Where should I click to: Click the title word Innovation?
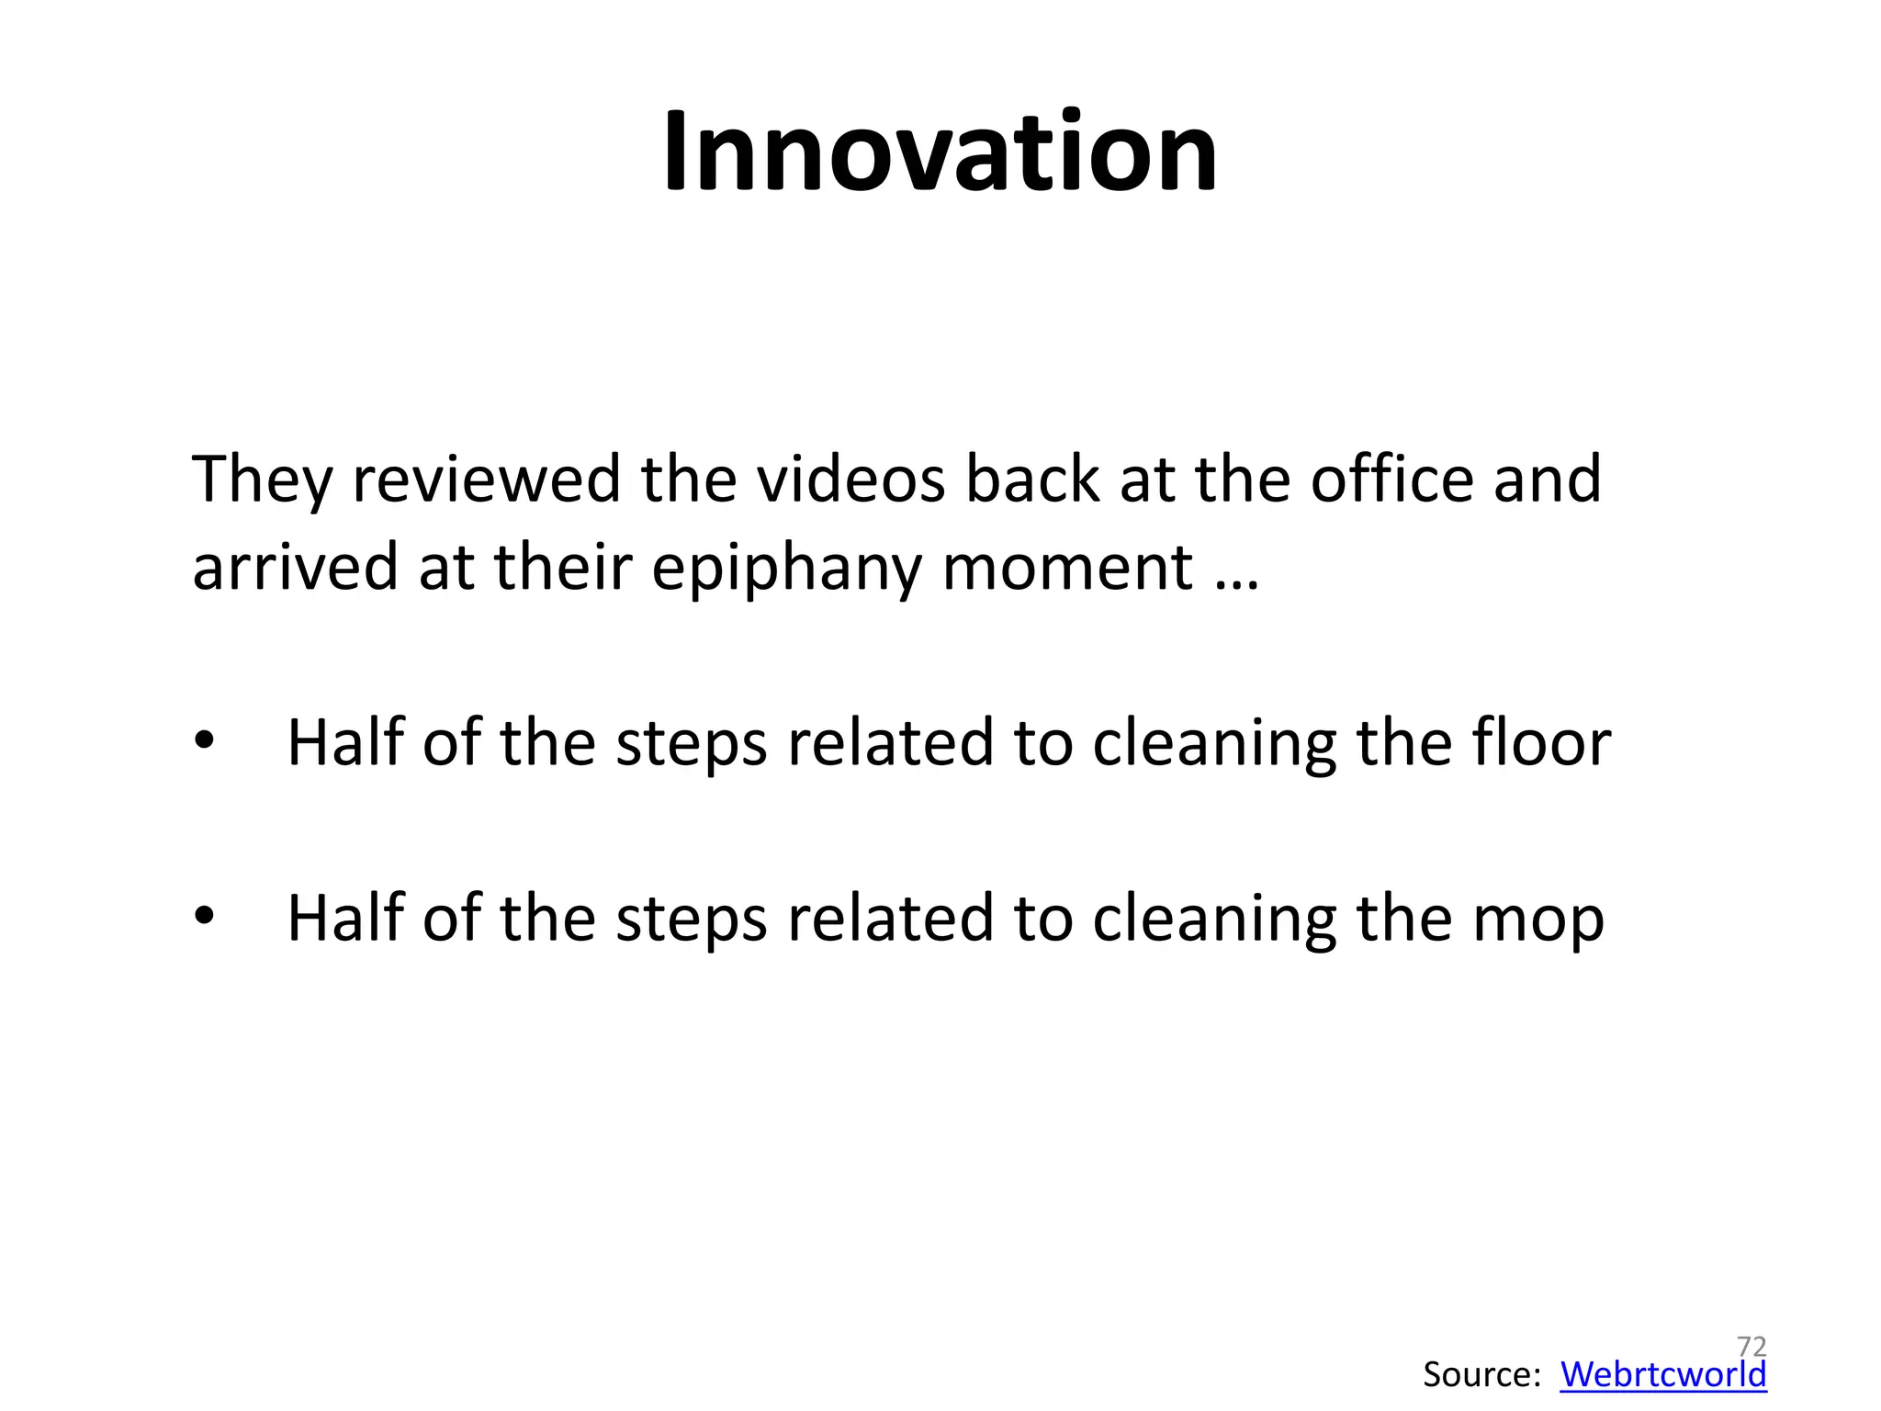[940, 152]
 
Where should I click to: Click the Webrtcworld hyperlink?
[1662, 1375]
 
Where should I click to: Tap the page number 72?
[1751, 1346]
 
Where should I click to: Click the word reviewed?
[487, 480]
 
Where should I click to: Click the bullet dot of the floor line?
[204, 740]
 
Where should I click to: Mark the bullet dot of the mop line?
[204, 915]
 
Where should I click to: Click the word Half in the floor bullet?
[345, 742]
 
